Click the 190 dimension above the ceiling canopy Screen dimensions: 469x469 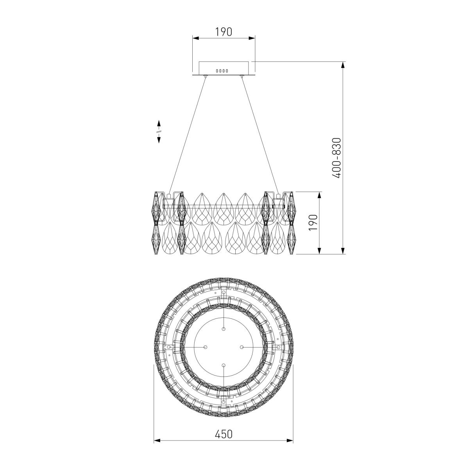224,32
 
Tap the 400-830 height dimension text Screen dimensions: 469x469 337,158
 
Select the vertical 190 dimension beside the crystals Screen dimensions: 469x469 313,222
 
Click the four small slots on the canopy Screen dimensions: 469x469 222,71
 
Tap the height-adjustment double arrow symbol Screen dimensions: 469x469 159,131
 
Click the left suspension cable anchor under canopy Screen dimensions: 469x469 206,77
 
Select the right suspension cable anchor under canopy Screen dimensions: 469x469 242,77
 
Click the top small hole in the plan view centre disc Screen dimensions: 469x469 224,329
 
